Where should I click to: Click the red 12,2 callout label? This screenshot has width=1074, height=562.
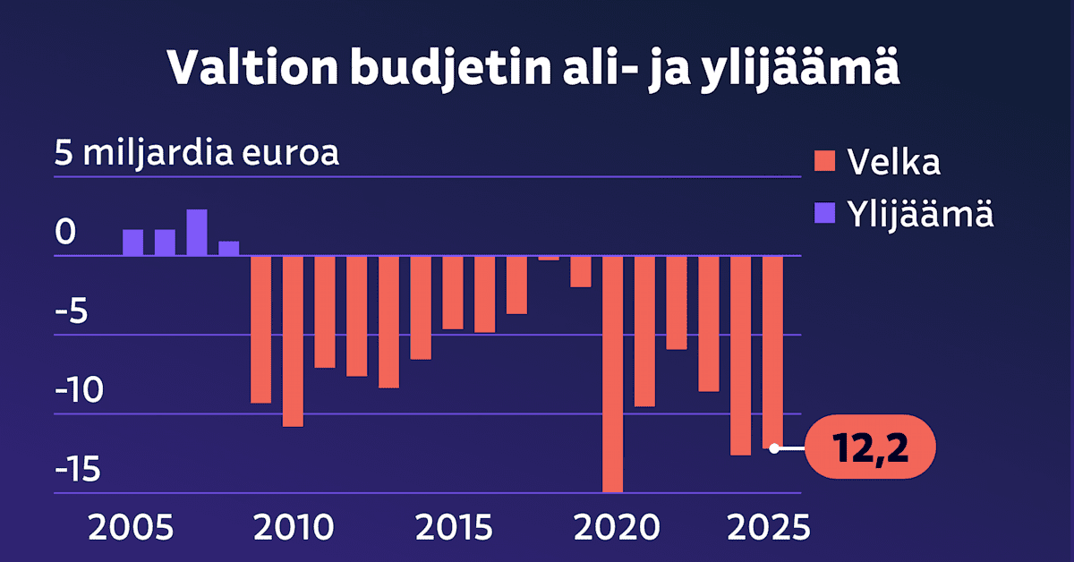pyautogui.click(x=871, y=447)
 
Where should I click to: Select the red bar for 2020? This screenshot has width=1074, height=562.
pyautogui.click(x=613, y=374)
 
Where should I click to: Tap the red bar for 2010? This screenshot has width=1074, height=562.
pyautogui.click(x=293, y=341)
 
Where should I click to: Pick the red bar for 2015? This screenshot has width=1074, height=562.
pyautogui.click(x=453, y=293)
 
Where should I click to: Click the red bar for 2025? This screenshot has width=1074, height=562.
pyautogui.click(x=773, y=352)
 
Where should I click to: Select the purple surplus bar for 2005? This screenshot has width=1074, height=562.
pyautogui.click(x=132, y=243)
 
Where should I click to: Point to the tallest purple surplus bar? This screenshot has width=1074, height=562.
pyautogui.click(x=197, y=233)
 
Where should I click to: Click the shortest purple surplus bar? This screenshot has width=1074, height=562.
pyautogui.click(x=229, y=248)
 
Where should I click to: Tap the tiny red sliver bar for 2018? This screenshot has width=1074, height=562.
pyautogui.click(x=549, y=258)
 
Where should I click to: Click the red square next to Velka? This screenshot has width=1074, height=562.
pyautogui.click(x=823, y=163)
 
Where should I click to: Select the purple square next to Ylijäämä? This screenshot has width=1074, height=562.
pyautogui.click(x=823, y=214)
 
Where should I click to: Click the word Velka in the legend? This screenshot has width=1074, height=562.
pyautogui.click(x=893, y=163)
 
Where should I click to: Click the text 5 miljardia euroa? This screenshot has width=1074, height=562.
pyautogui.click(x=197, y=153)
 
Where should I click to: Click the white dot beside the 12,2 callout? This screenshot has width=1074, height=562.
pyautogui.click(x=774, y=447)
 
